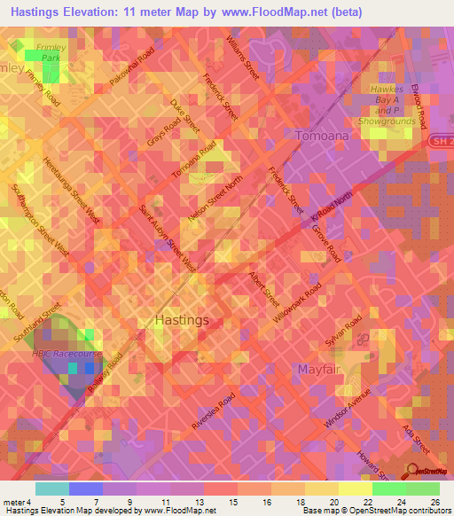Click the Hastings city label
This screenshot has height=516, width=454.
182,319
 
